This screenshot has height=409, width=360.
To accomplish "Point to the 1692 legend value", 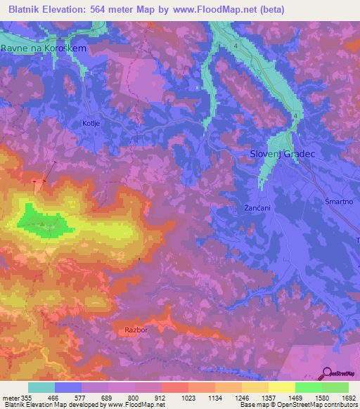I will point(348,397).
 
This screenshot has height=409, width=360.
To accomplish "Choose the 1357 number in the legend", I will point(268,397).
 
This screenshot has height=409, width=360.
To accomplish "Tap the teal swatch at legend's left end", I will point(41,387).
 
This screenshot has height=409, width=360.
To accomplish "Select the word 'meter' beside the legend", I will point(11,397).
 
